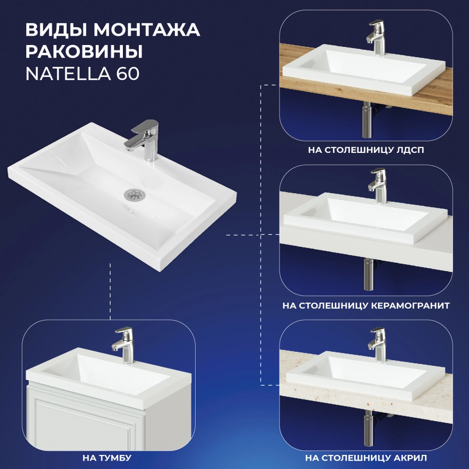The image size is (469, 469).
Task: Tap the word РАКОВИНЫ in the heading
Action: pos(84,52)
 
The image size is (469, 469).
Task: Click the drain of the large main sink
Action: pos(135,195)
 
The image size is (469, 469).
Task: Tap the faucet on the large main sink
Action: pos(143,140)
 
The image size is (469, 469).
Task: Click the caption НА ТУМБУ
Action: pos(107,458)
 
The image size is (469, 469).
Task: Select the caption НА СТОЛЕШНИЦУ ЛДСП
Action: pos(366,150)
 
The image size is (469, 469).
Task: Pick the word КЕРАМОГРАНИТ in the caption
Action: pos(410,306)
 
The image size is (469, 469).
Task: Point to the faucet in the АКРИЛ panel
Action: pos(377,345)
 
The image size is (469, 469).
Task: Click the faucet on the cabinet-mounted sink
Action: pos(123,346)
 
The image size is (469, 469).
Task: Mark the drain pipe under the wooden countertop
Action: pos(367,120)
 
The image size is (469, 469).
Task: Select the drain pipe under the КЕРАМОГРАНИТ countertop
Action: pos(369,274)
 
